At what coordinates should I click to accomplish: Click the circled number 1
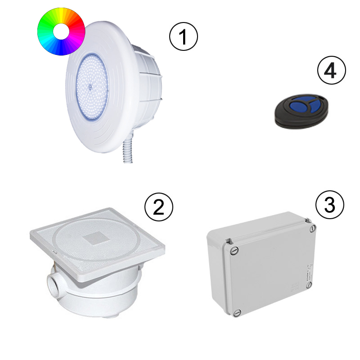point(183,37)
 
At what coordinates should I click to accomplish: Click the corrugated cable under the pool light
point(127,148)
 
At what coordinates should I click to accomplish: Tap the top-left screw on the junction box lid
point(233,251)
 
